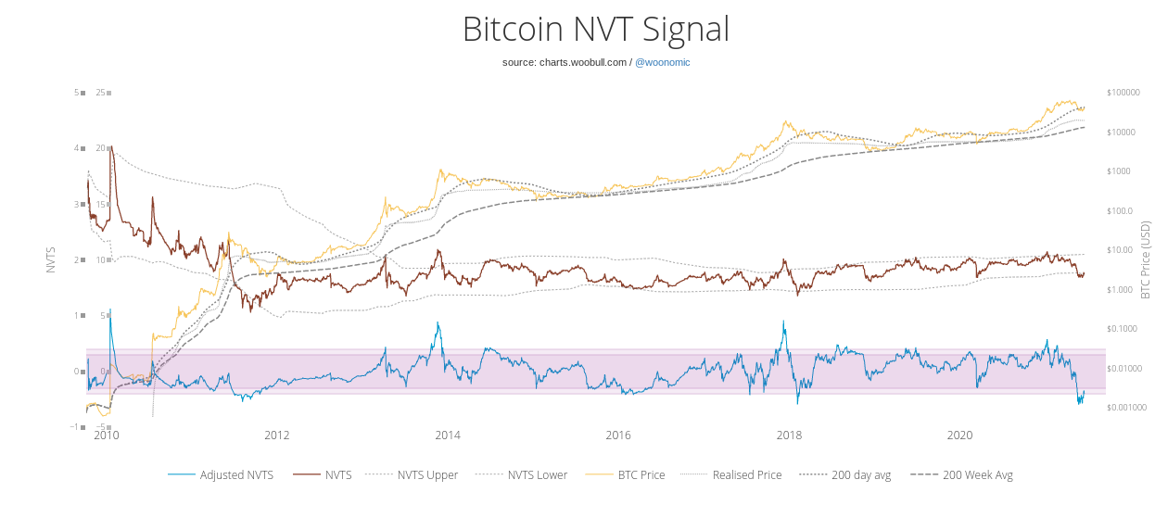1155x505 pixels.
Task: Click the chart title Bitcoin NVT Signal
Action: (x=596, y=29)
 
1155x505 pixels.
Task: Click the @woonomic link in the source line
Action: (x=663, y=62)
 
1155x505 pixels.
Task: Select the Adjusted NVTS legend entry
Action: (x=221, y=474)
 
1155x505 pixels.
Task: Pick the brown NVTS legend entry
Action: (x=323, y=474)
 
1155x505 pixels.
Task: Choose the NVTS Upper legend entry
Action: (x=412, y=474)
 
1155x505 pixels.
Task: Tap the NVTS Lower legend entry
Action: (x=521, y=474)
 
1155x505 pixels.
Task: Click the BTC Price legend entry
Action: (x=626, y=474)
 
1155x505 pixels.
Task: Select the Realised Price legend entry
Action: (x=731, y=474)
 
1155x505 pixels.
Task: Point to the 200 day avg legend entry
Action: (x=845, y=474)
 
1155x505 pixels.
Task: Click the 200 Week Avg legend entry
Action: (x=961, y=474)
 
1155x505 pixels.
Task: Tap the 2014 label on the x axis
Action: (x=448, y=436)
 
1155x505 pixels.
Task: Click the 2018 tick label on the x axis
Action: (x=789, y=436)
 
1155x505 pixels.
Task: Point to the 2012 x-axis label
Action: (x=277, y=436)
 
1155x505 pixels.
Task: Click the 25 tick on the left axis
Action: (x=100, y=93)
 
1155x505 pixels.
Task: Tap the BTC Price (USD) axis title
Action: (x=1145, y=259)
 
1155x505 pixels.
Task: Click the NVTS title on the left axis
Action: (x=51, y=260)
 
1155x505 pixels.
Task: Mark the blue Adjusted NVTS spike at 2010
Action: (x=110, y=309)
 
